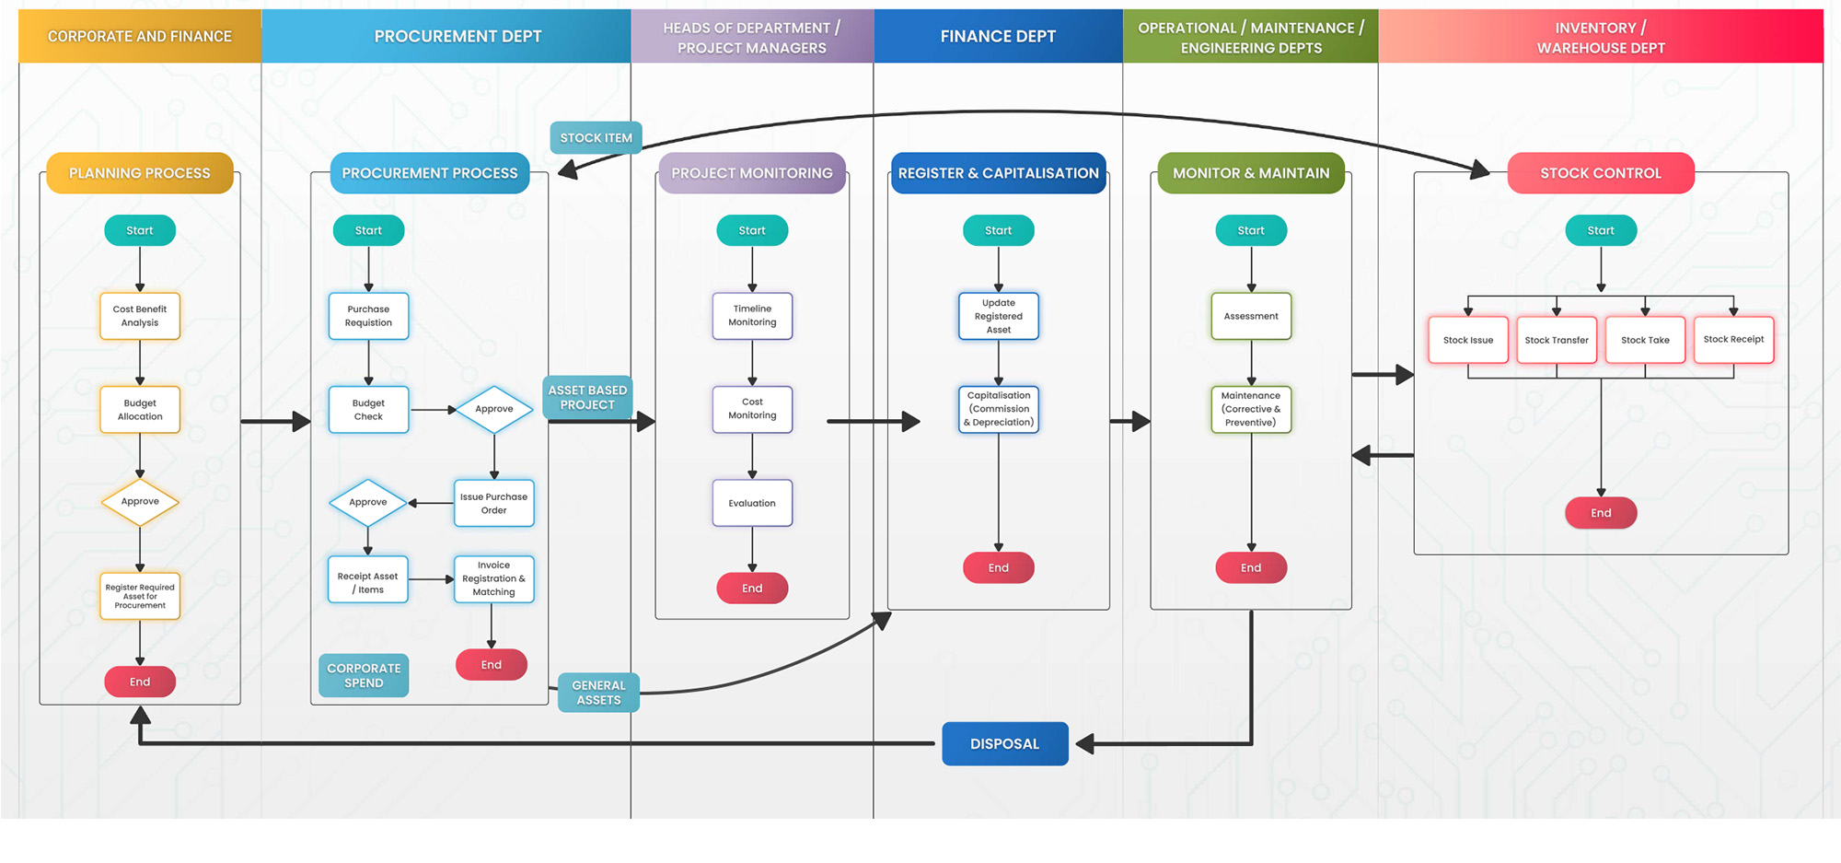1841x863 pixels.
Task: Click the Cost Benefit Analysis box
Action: point(140,316)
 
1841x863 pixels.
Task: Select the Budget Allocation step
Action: point(140,410)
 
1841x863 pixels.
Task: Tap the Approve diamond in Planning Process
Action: point(140,502)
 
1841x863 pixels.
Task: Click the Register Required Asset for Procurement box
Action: point(140,596)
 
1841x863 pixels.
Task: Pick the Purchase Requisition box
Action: point(368,316)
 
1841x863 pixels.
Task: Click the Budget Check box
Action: point(368,410)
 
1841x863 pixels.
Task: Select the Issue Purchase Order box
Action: point(493,503)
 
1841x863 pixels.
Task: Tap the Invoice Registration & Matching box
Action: point(493,578)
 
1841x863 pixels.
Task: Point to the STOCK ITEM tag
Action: point(596,138)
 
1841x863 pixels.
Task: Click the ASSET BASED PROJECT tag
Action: point(587,398)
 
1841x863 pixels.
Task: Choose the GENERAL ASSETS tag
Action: point(598,693)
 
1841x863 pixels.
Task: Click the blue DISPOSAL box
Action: point(1004,744)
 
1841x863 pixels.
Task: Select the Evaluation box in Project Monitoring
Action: point(752,503)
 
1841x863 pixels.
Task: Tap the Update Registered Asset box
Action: point(998,316)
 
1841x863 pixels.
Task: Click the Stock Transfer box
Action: point(1556,340)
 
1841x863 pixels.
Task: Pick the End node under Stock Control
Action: point(1601,513)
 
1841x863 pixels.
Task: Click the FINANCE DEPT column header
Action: point(998,37)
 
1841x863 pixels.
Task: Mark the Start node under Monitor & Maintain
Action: point(1250,230)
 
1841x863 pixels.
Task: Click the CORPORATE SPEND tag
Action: point(364,675)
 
